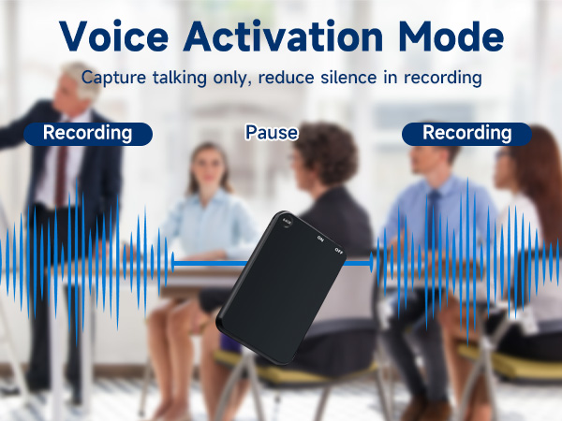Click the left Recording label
87,133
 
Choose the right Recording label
466,133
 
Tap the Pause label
272,133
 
